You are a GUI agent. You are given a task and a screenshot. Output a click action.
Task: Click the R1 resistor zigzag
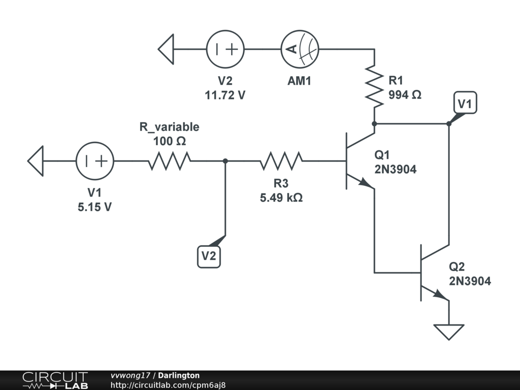(374, 86)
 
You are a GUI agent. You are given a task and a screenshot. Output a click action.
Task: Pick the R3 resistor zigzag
(281, 161)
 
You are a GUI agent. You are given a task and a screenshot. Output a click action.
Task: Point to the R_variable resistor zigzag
(170, 161)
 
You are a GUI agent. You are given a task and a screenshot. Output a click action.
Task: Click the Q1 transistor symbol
(361, 161)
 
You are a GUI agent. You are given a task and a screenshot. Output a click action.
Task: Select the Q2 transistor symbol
(435, 273)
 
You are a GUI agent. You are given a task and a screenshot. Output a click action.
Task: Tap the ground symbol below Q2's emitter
(449, 332)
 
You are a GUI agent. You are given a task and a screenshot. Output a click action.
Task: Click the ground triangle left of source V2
(166, 49)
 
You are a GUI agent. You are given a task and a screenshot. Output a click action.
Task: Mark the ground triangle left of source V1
(36, 161)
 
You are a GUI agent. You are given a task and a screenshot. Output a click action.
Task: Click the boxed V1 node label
(465, 103)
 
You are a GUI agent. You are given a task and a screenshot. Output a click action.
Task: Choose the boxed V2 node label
(209, 256)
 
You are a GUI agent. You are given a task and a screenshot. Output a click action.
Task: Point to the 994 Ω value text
(405, 95)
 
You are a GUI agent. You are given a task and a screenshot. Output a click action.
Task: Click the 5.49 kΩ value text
(281, 198)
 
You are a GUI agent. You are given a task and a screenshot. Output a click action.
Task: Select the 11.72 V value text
(225, 95)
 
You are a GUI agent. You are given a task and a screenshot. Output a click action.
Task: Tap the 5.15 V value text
(95, 207)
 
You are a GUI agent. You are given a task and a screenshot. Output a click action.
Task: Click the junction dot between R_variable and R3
(225, 161)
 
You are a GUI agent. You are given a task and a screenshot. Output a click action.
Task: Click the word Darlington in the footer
(179, 375)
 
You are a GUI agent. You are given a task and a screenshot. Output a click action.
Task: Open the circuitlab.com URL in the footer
(168, 385)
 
